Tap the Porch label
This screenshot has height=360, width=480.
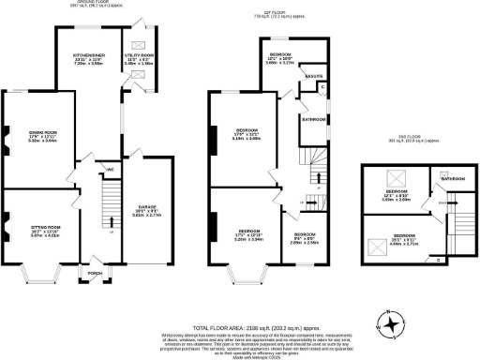(93, 275)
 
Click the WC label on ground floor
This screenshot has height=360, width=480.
(111, 170)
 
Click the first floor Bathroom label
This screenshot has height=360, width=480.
(313, 120)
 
